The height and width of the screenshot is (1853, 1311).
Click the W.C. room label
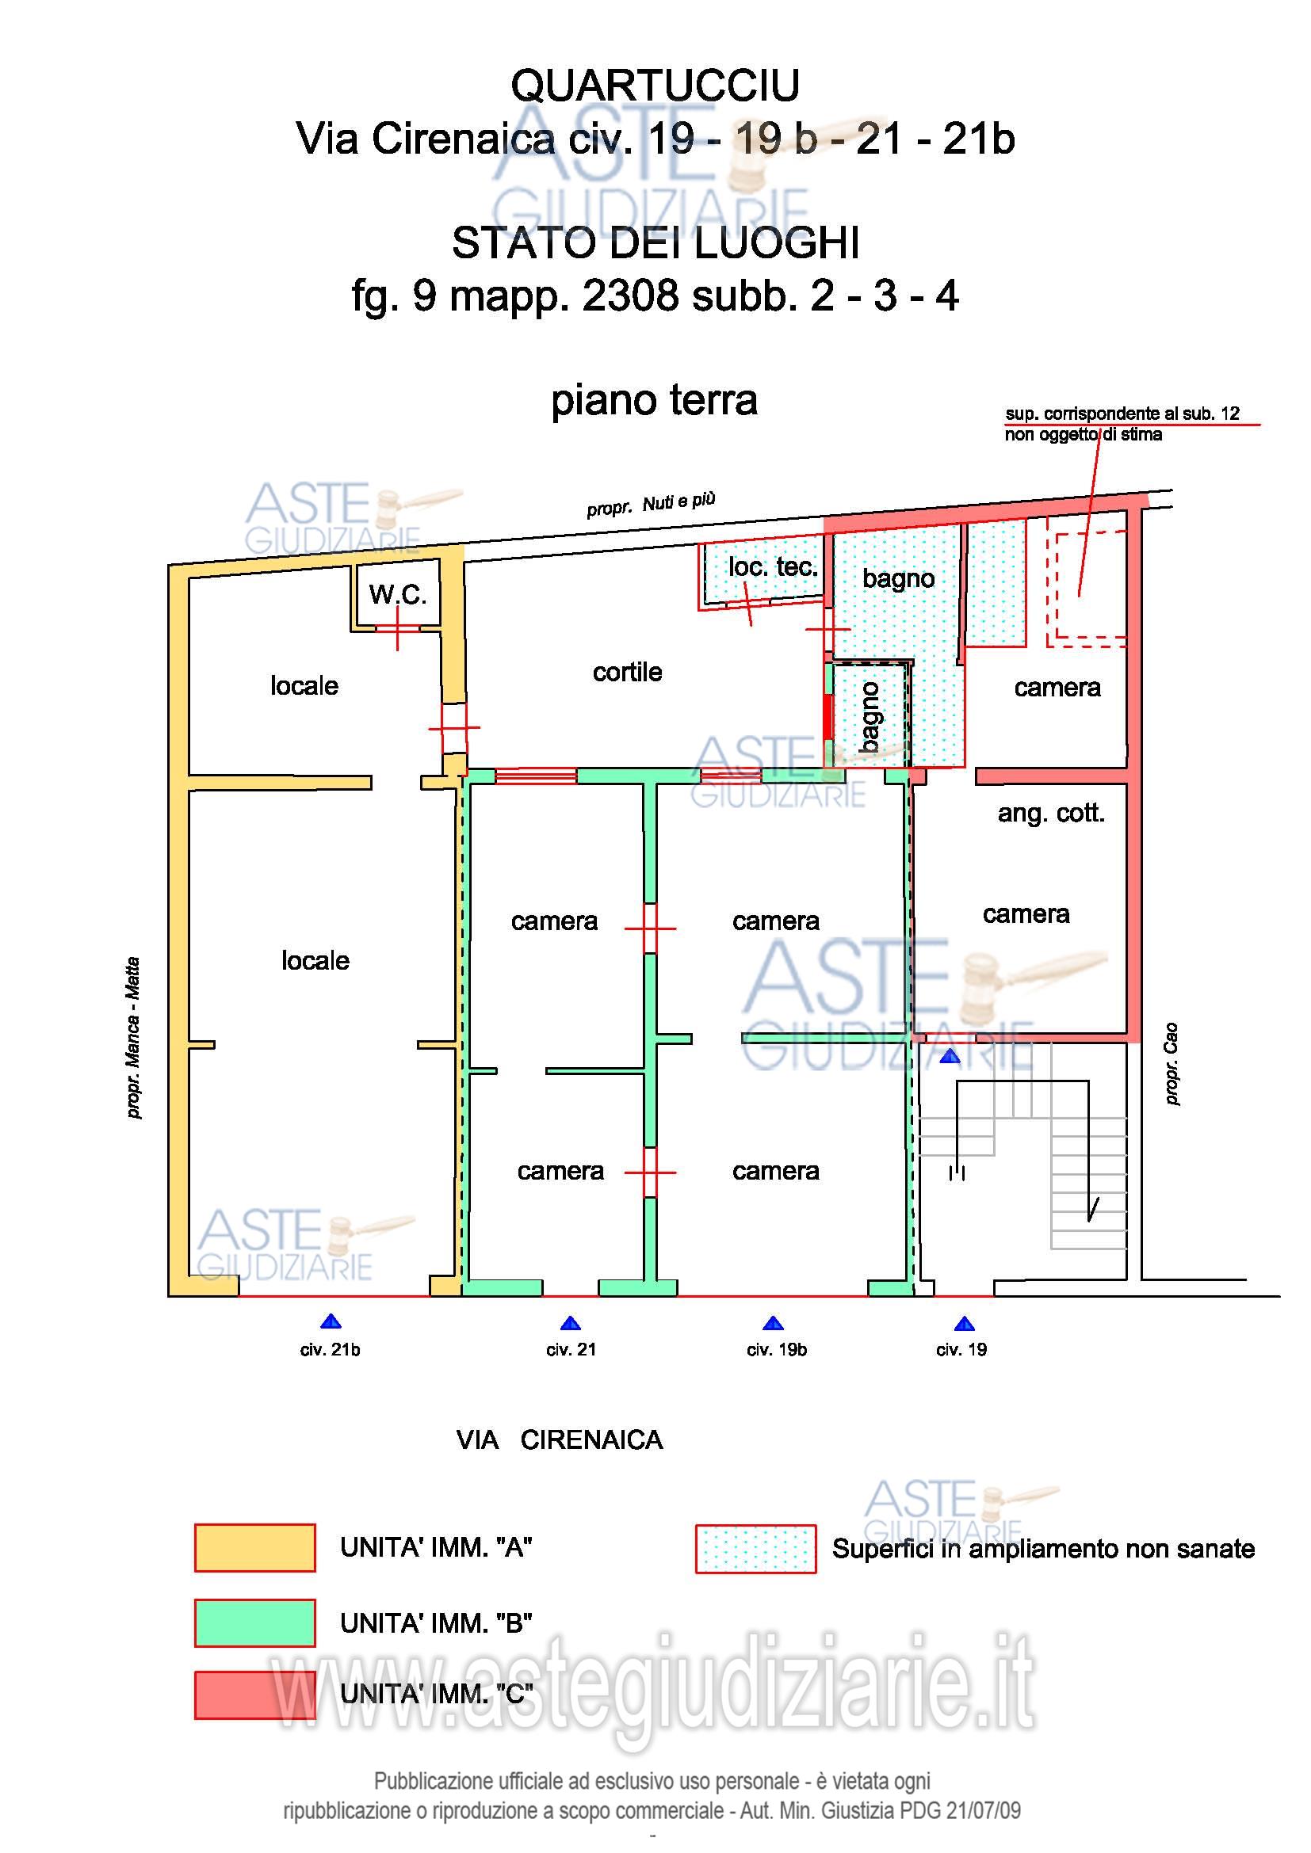point(397,595)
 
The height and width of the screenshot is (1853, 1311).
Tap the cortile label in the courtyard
point(627,672)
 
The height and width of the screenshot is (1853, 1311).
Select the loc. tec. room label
point(773,566)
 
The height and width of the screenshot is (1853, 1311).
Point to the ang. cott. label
point(1050,813)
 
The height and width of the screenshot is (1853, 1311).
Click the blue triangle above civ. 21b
point(331,1322)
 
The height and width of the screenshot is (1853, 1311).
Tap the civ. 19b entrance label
point(776,1349)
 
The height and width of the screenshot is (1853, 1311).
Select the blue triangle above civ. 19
point(964,1324)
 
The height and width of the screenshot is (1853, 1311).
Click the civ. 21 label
point(571,1349)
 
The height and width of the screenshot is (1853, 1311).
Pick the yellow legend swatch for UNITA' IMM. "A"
point(254,1548)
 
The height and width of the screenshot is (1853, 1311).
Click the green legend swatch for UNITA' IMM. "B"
point(254,1623)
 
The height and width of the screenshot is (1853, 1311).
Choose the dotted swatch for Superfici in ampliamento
point(755,1549)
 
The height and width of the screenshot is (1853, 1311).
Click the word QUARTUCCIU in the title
point(655,86)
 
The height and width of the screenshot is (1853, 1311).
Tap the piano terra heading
point(654,400)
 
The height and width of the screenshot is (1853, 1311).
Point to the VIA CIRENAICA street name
point(559,1439)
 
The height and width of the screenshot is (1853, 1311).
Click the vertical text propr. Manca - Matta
point(134,1037)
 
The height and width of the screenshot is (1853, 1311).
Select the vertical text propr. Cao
point(1171,1064)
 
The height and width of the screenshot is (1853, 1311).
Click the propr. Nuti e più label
point(651,505)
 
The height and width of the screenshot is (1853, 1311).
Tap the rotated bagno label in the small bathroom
point(870,717)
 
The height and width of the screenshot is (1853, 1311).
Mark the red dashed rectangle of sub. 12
point(1086,589)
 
